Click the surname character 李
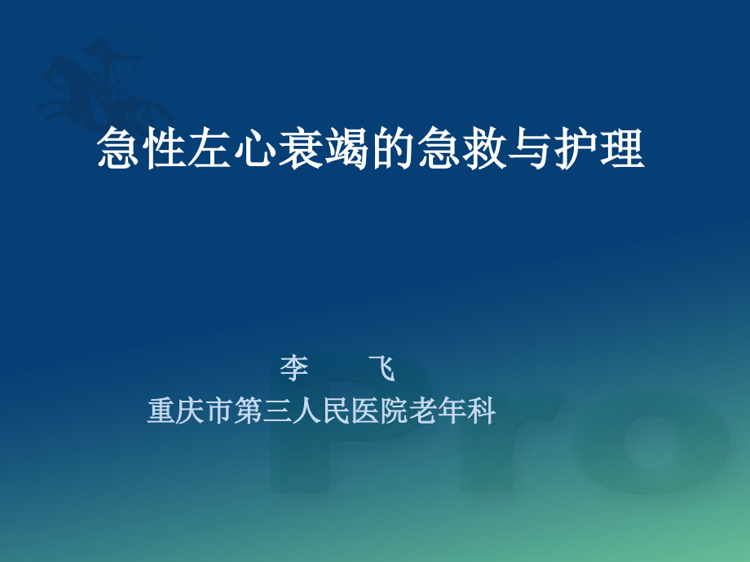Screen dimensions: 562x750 294,369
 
